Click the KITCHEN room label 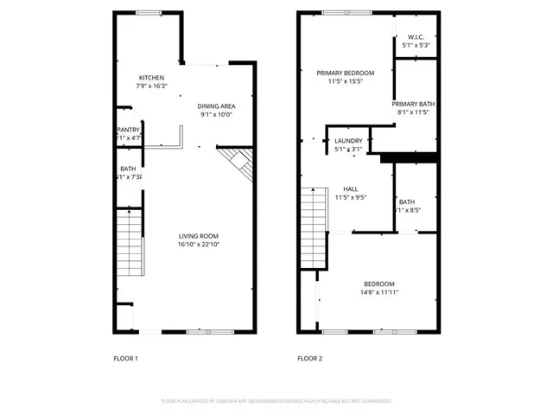(x=152, y=76)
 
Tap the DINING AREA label (x=217, y=105)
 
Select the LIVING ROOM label (x=198, y=236)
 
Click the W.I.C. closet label (x=415, y=37)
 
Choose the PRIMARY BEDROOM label (x=343, y=73)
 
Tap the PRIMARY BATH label (x=415, y=104)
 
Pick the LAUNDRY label (x=348, y=140)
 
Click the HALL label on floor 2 (x=350, y=188)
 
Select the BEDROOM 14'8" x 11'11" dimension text (x=379, y=292)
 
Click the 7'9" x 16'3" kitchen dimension (x=152, y=86)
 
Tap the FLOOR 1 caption (x=126, y=358)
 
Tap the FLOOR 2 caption (x=309, y=358)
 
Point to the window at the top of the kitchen (x=149, y=12)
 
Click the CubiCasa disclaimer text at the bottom (x=276, y=401)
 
